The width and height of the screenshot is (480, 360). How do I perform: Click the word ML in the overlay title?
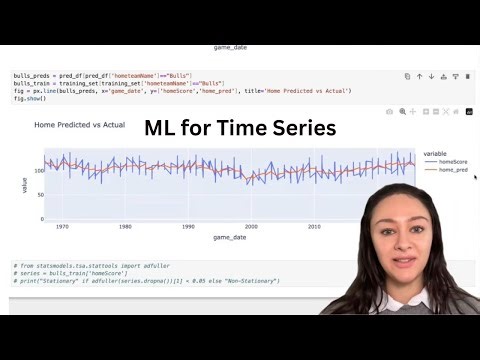point(164,127)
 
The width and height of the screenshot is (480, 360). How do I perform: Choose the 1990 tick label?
point(188,227)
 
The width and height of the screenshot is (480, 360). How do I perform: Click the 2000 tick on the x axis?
point(251,227)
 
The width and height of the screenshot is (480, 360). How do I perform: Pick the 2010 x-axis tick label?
point(314,227)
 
